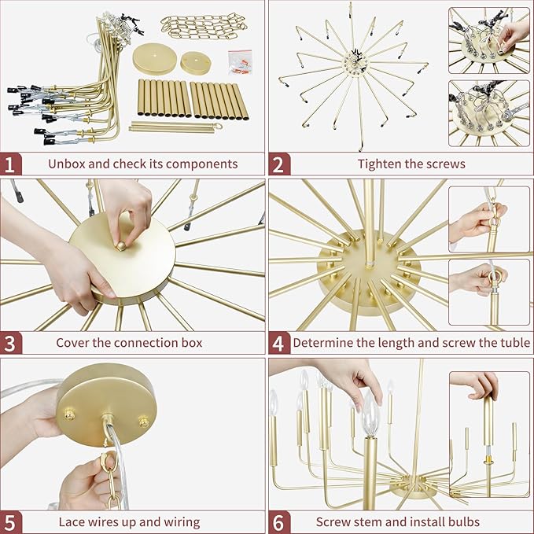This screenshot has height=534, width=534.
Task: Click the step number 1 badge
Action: [x=11, y=164]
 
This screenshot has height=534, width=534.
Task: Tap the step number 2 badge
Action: [x=279, y=164]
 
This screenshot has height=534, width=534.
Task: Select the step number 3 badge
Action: [x=11, y=343]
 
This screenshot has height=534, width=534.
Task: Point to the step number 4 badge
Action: [x=279, y=343]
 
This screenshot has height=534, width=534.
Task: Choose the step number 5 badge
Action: [x=11, y=522]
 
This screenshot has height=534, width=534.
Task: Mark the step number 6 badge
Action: [x=279, y=522]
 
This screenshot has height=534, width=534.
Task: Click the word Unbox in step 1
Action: [x=66, y=164]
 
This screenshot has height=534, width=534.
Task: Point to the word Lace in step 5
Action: [x=72, y=521]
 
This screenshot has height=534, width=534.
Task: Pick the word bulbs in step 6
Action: [x=464, y=521]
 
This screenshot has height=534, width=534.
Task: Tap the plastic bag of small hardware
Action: [x=240, y=62]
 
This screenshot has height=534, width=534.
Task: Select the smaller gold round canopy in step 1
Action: [x=196, y=63]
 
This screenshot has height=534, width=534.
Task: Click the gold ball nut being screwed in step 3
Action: [x=121, y=245]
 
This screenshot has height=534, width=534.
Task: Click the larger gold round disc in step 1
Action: [x=154, y=58]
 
